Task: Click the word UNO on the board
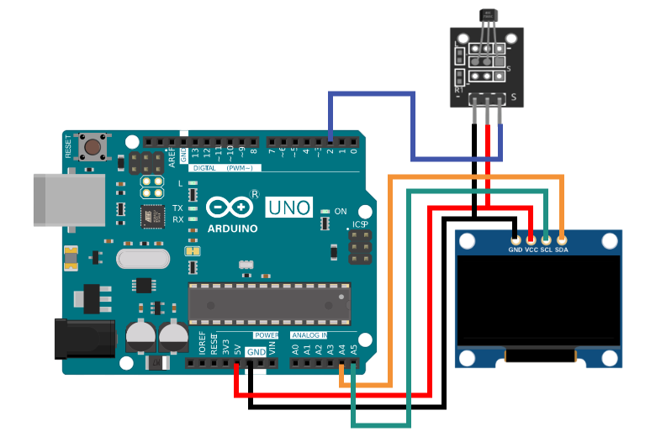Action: [x=289, y=206]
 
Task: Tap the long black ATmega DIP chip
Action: [x=268, y=303]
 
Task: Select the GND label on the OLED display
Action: [x=516, y=250]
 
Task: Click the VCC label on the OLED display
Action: [x=531, y=250]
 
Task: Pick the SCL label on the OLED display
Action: [x=546, y=250]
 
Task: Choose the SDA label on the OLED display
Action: [x=562, y=250]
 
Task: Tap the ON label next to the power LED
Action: [x=341, y=211]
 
